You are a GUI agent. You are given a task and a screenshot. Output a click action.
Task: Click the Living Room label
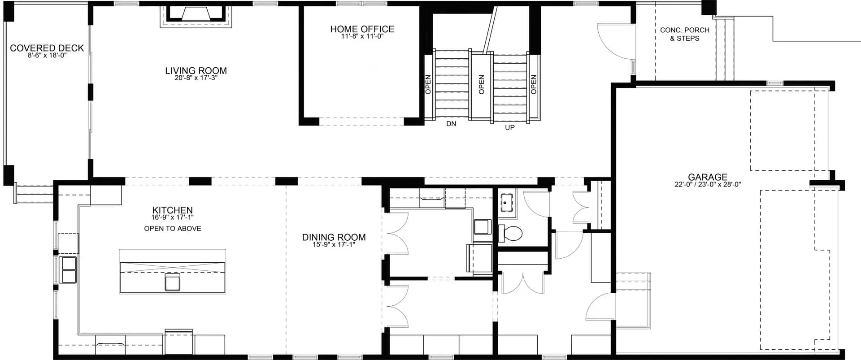pos(196,71)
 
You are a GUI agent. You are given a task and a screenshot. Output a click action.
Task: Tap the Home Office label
pos(362,29)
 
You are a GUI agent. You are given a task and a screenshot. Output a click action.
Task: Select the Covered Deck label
pos(47,48)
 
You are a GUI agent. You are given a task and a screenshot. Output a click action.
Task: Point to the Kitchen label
pos(173,210)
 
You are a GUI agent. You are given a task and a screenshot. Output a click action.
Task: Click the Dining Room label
pos(334,237)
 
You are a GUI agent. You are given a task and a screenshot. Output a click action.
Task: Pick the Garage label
pos(708,177)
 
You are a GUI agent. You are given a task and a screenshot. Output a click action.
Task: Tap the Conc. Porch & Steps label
pos(684,34)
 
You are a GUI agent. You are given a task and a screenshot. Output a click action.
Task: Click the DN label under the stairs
pos(451,123)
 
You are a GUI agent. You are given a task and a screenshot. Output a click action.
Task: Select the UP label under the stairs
pos(510,127)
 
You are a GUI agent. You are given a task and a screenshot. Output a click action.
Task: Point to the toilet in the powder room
pos(511,233)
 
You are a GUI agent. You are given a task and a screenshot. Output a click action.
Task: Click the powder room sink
pos(507,203)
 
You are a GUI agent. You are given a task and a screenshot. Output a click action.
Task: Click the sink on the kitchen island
pos(173,282)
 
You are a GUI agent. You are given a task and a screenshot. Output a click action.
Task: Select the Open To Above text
pos(173,229)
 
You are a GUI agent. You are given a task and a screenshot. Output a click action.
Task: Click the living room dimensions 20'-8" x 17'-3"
pos(196,78)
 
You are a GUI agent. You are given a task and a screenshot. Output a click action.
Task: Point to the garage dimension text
pos(708,184)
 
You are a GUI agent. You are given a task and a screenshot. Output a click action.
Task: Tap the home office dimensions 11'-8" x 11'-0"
pos(362,36)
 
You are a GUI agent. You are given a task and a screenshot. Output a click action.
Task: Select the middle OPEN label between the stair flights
pos(481,84)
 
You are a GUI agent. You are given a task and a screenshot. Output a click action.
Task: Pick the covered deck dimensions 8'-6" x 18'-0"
pos(47,56)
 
